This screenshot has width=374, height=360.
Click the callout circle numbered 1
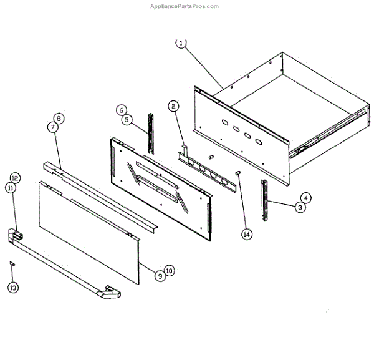coord(181,43)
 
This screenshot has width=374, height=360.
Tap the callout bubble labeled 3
coord(300,208)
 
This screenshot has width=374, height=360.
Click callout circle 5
coord(125,119)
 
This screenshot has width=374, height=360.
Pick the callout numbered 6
coord(121,110)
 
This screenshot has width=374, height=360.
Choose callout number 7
coord(52,127)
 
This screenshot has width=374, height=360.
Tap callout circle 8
coord(59,118)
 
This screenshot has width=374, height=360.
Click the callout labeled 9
coord(160,275)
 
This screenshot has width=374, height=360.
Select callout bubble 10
coord(170,271)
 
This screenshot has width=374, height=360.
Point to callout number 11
coord(10,188)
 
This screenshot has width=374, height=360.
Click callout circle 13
coord(13,288)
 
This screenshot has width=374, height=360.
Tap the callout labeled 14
coord(247,234)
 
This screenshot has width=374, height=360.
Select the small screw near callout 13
coord(12,264)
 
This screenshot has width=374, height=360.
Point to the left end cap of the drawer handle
coord(15,236)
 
